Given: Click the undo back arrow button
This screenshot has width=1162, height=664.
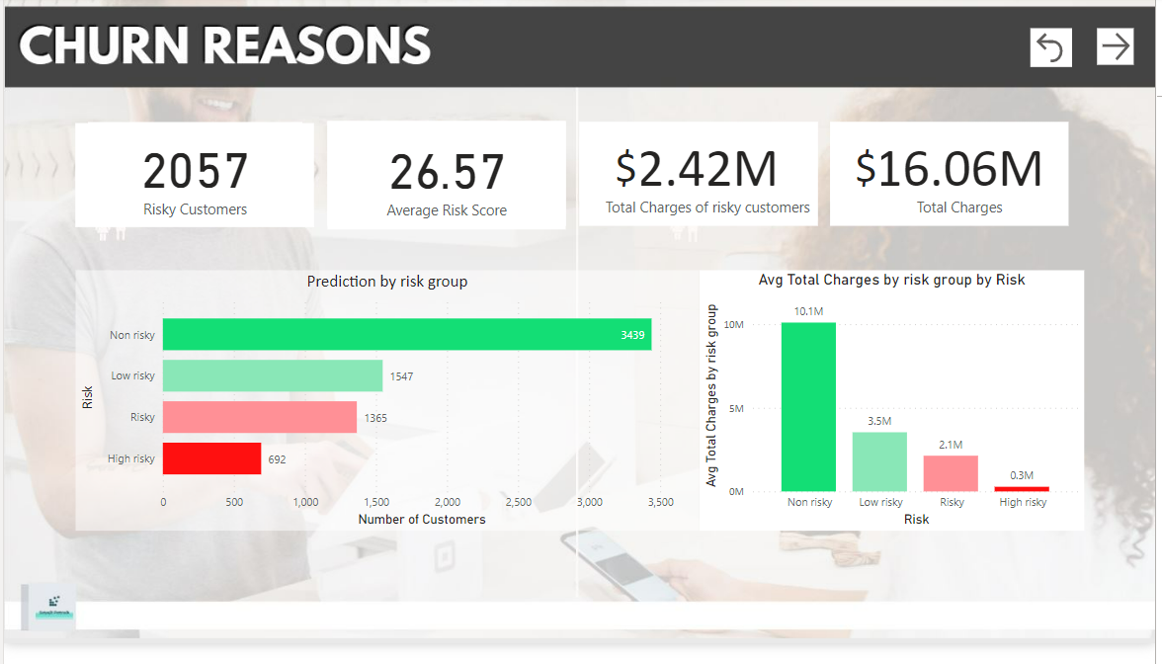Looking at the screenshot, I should pos(1050,47).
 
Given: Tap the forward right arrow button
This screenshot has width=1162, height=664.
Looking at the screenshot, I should pos(1115,46).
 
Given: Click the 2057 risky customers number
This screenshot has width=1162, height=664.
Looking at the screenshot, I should pos(195,171).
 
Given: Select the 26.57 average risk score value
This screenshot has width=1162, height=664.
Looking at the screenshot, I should pos(447,173).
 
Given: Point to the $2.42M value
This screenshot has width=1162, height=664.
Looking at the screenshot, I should pos(697,170).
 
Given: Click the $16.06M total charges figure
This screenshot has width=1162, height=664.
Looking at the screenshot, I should pos(949,170).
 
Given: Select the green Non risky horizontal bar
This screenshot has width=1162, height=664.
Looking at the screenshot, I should pos(406,335).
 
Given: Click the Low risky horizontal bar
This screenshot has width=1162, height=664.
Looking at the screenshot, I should pos(272,376).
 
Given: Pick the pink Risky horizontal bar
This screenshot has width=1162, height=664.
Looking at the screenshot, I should pos(259,418).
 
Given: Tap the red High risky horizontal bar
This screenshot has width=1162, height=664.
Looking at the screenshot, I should pos(211,458).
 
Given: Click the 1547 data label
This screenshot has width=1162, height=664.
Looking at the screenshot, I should pos(402,376).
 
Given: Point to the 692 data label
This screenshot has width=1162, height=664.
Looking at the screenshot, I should pos(277,459).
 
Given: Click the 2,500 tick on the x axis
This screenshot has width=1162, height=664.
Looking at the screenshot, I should pos(518,502).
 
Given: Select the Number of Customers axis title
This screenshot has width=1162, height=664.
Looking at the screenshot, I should pos(421,519).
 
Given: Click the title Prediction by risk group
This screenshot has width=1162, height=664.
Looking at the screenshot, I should pos(386,282).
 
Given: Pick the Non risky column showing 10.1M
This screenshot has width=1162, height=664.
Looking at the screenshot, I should pos(808,407).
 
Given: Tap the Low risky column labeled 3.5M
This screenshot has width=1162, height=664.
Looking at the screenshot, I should pos(879,461).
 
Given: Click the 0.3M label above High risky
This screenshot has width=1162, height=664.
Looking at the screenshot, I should pos(1022,475).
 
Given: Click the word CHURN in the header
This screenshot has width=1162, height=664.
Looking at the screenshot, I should pos(109,46).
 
